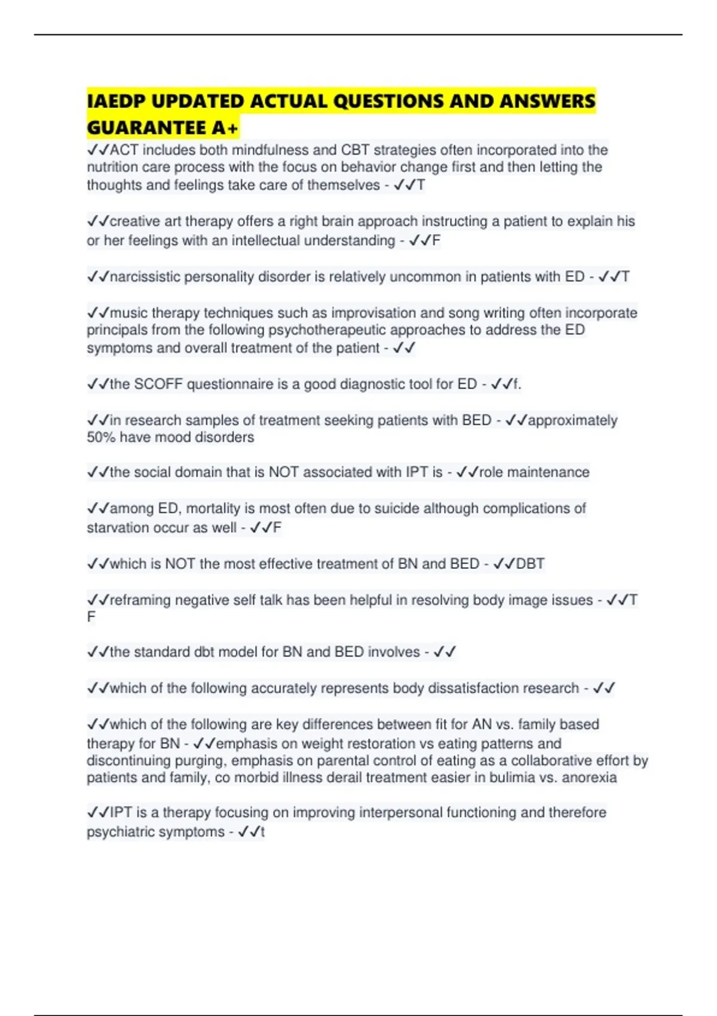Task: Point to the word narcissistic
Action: (145, 277)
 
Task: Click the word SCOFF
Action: (158, 384)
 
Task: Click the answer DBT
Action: (530, 564)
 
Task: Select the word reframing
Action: (140, 600)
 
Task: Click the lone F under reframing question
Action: (91, 617)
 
